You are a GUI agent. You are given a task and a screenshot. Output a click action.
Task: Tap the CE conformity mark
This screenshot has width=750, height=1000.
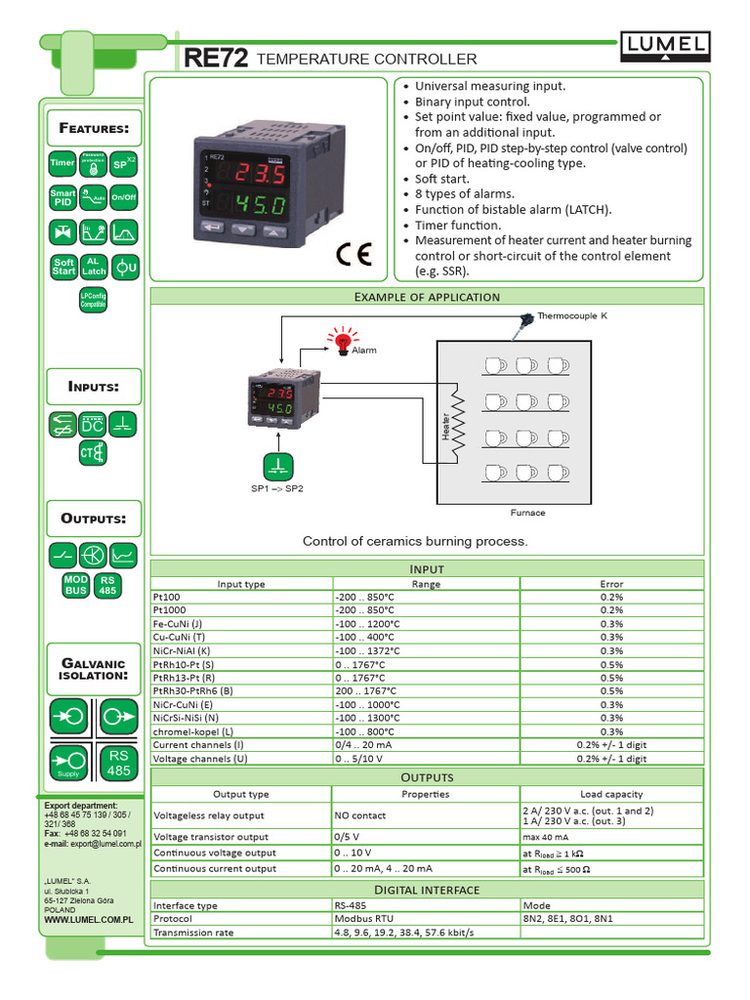click(354, 254)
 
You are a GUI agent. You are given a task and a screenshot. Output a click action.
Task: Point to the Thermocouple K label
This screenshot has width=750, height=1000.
click(572, 316)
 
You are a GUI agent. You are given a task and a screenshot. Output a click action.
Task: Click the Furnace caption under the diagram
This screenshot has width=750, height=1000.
click(527, 512)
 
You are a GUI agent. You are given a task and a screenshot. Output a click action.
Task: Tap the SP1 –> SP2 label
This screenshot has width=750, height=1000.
click(277, 487)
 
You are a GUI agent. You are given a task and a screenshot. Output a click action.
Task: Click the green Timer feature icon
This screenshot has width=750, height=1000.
click(62, 164)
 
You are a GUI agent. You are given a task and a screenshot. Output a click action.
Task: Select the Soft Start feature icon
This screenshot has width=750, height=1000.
click(63, 267)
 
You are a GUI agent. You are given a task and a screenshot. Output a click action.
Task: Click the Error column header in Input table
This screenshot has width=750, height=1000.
click(611, 584)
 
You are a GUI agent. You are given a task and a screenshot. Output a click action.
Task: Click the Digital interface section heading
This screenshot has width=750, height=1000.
click(427, 890)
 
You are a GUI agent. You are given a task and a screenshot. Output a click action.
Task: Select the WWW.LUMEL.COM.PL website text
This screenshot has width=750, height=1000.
click(88, 920)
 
